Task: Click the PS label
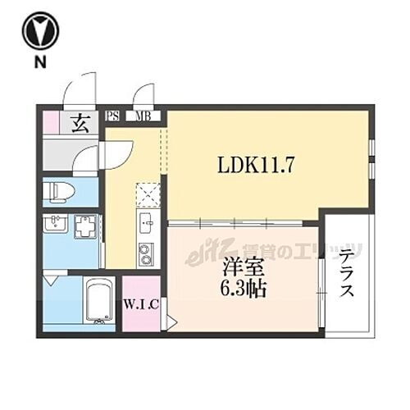(114, 116)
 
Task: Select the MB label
(143, 116)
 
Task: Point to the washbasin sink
(55, 226)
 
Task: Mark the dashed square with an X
(148, 194)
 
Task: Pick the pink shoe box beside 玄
(52, 122)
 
